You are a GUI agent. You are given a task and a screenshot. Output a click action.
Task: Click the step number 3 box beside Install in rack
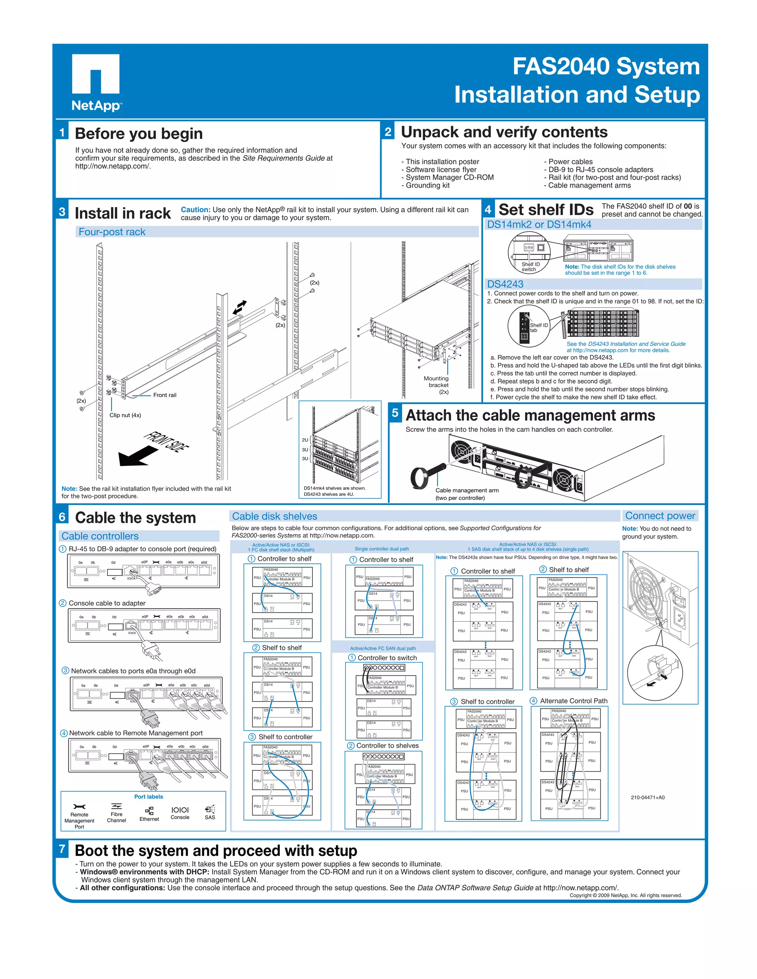[x=62, y=212]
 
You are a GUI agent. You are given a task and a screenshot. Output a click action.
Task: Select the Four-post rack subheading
[x=112, y=232]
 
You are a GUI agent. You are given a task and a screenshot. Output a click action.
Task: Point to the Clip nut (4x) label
[x=125, y=415]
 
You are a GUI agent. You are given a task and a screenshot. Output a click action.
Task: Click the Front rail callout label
[x=164, y=395]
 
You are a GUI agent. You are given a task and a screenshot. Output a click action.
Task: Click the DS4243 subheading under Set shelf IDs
[x=505, y=284]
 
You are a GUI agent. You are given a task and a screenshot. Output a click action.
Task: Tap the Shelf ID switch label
[x=530, y=267]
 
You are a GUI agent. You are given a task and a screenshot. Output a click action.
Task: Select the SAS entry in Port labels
[x=210, y=812]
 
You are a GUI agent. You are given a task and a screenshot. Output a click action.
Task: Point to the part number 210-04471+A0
[x=648, y=798]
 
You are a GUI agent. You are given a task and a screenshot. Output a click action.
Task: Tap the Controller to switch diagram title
[x=387, y=658]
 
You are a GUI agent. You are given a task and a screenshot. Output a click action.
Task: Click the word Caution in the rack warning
[x=196, y=209]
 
